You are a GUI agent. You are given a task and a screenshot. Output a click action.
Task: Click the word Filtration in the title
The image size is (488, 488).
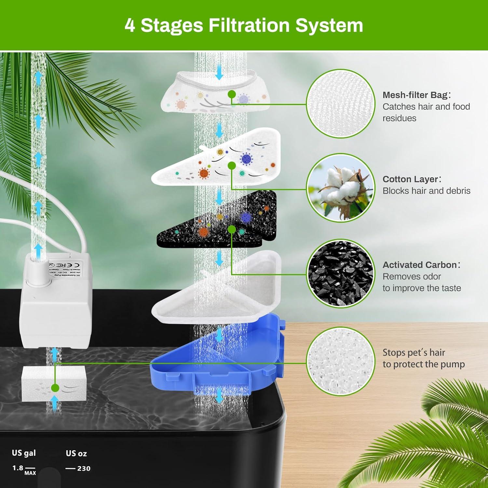(x=249, y=25)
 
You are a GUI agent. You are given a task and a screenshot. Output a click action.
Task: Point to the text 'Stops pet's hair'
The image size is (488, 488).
(x=413, y=352)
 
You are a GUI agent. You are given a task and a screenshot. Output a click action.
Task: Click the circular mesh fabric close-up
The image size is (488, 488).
(x=340, y=103)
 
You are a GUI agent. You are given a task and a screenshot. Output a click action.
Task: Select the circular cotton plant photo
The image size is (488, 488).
(x=340, y=188)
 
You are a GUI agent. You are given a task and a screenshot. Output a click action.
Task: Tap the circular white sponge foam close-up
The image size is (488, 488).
(x=340, y=361)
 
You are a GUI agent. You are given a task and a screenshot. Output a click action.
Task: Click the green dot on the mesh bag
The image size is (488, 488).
(x=232, y=94)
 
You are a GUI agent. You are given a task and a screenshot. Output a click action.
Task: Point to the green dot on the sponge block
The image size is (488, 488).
(x=55, y=388)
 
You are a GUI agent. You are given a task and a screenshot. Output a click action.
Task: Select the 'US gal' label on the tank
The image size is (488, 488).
(x=24, y=453)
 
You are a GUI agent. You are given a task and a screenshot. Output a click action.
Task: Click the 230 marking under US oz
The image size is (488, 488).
(x=84, y=468)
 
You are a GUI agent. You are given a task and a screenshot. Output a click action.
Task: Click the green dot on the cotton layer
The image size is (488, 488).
(x=232, y=166)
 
